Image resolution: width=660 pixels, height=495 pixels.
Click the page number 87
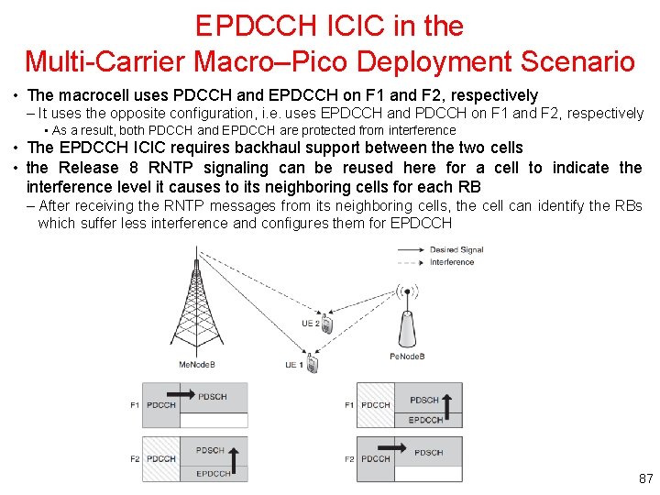[x=645, y=478]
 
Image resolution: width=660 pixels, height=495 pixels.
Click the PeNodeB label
[x=407, y=356]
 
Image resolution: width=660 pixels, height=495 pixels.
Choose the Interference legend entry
[x=452, y=262]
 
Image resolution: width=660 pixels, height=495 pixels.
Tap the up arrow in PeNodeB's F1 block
[x=449, y=403]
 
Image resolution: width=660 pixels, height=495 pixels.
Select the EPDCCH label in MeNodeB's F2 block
[x=214, y=474]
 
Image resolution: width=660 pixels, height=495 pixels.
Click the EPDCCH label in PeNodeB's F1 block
[x=426, y=420]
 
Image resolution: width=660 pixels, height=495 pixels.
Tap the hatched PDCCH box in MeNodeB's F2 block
[x=160, y=458]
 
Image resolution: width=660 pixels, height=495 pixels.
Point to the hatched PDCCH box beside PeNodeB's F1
[x=376, y=405]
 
